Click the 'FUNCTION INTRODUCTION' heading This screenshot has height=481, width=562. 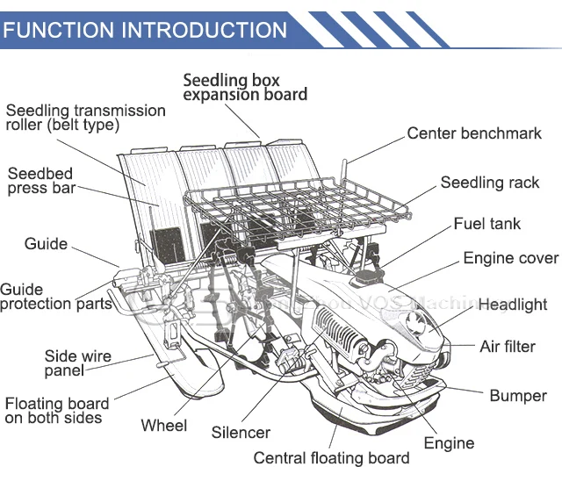145,30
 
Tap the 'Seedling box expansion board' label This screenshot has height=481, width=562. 245,87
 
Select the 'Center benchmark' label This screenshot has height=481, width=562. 474,133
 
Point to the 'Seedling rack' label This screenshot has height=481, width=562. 490,183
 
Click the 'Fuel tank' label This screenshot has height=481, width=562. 486,224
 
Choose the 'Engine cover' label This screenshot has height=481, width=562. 510,258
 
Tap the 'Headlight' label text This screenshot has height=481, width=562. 512,305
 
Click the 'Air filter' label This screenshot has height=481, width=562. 507,346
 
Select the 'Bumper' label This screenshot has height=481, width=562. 518,396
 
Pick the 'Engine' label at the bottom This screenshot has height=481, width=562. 449,443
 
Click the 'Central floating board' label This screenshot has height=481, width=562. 331,458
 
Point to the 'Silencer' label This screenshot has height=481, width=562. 241,433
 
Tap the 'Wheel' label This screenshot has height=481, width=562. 164,426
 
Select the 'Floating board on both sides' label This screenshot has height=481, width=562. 57,411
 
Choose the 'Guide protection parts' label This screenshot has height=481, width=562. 56,296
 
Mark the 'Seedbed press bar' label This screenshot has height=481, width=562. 41,181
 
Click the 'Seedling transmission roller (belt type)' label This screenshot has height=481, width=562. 85,117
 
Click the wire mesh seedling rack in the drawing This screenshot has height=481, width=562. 299,202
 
